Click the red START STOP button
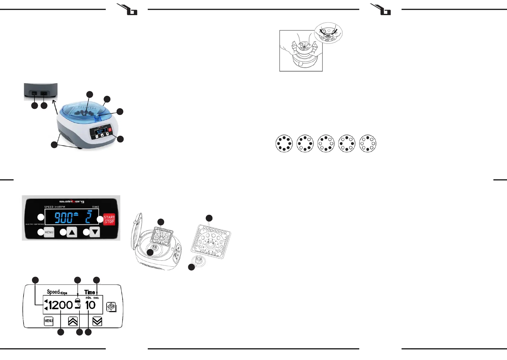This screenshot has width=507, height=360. tap(109, 219)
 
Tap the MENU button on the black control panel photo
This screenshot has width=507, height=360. tap(49, 232)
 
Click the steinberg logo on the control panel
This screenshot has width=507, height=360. tap(72, 201)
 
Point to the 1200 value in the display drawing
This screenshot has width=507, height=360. tap(60, 305)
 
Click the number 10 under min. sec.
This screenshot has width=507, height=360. tap(90, 305)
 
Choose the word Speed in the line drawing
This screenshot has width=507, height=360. tap(53, 292)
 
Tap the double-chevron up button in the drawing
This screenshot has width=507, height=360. tap(73, 321)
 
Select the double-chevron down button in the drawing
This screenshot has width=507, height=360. tap(97, 321)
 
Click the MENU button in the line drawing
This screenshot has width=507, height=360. tap(49, 321)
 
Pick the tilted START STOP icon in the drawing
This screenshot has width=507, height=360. tap(111, 307)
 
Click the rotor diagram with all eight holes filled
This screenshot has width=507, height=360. tap(284, 144)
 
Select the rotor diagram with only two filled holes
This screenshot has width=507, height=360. tap(368, 144)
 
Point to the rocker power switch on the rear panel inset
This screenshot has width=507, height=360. tap(34, 93)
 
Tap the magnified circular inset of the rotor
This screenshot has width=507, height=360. tap(328, 33)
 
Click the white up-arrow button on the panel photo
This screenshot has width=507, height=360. tap(72, 232)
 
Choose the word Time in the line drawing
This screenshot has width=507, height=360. tap(90, 292)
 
